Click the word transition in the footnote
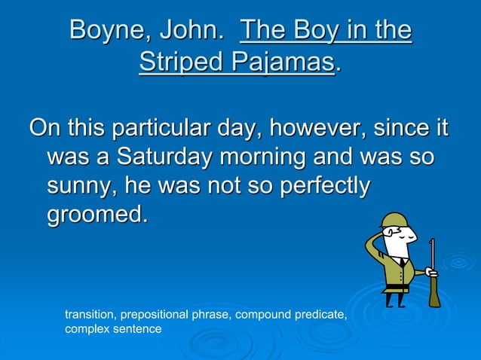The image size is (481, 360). pyautogui.click(x=90, y=315)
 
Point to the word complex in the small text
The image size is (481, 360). pyautogui.click(x=87, y=329)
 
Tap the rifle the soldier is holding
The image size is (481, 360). pyautogui.click(x=433, y=271)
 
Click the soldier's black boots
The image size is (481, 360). pyautogui.click(x=394, y=299)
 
